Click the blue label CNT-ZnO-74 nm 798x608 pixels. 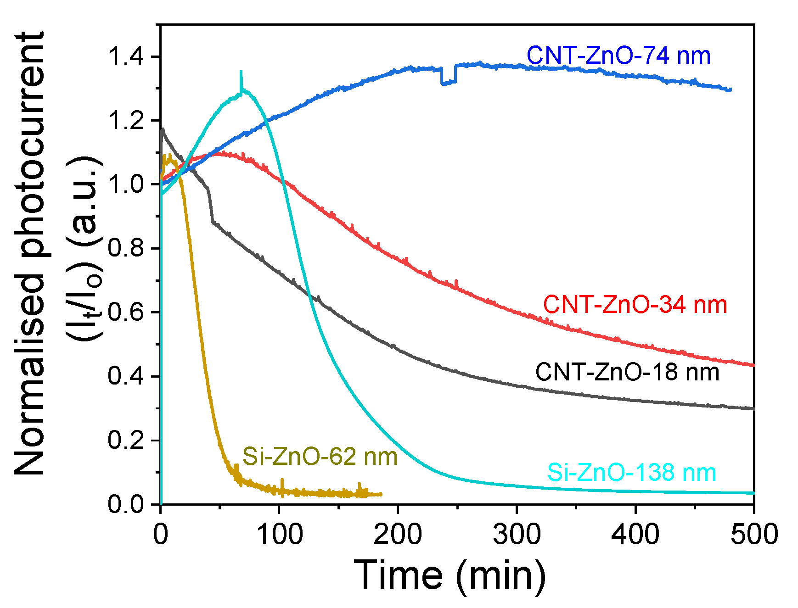tap(618, 56)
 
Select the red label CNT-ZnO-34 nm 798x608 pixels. tap(635, 305)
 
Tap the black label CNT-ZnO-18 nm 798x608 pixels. tap(627, 372)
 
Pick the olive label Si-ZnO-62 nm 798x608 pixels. tap(320, 457)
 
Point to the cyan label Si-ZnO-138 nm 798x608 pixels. tap(631, 473)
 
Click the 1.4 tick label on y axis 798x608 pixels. tap(126, 57)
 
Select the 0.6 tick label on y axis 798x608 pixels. tap(126, 312)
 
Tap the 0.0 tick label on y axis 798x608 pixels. tap(126, 504)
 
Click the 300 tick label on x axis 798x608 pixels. tap(517, 535)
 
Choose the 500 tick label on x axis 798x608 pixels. tap(753, 535)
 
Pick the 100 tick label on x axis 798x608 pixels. tap(279, 535)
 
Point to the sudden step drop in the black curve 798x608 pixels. tap(211, 206)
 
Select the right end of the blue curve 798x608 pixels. tap(730, 90)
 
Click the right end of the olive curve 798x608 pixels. tap(381, 494)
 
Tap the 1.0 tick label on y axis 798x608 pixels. tap(126, 184)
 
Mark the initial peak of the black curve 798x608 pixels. tap(163, 130)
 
